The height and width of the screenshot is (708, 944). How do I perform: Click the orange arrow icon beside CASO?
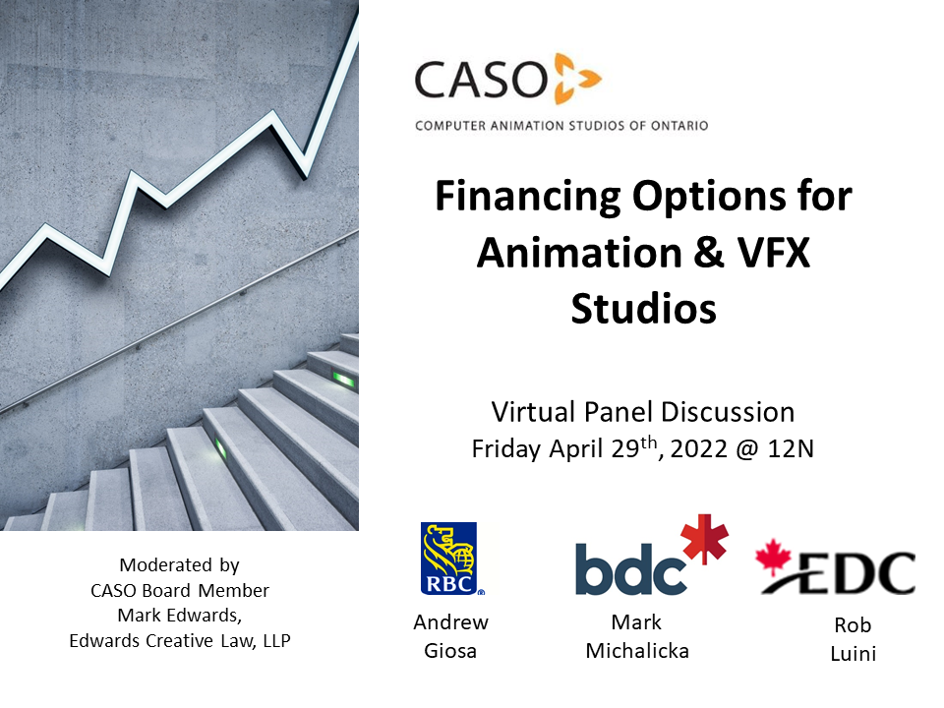click(x=576, y=79)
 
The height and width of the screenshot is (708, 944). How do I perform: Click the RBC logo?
click(x=453, y=559)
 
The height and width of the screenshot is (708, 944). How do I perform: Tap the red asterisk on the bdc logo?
click(x=706, y=538)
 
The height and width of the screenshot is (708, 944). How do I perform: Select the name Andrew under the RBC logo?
click(x=450, y=621)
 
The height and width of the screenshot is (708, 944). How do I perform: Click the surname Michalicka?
click(x=637, y=650)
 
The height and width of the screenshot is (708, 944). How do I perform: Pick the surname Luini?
click(x=853, y=652)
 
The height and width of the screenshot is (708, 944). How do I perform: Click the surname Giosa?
click(x=450, y=650)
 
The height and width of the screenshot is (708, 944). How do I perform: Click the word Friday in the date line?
click(x=504, y=449)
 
